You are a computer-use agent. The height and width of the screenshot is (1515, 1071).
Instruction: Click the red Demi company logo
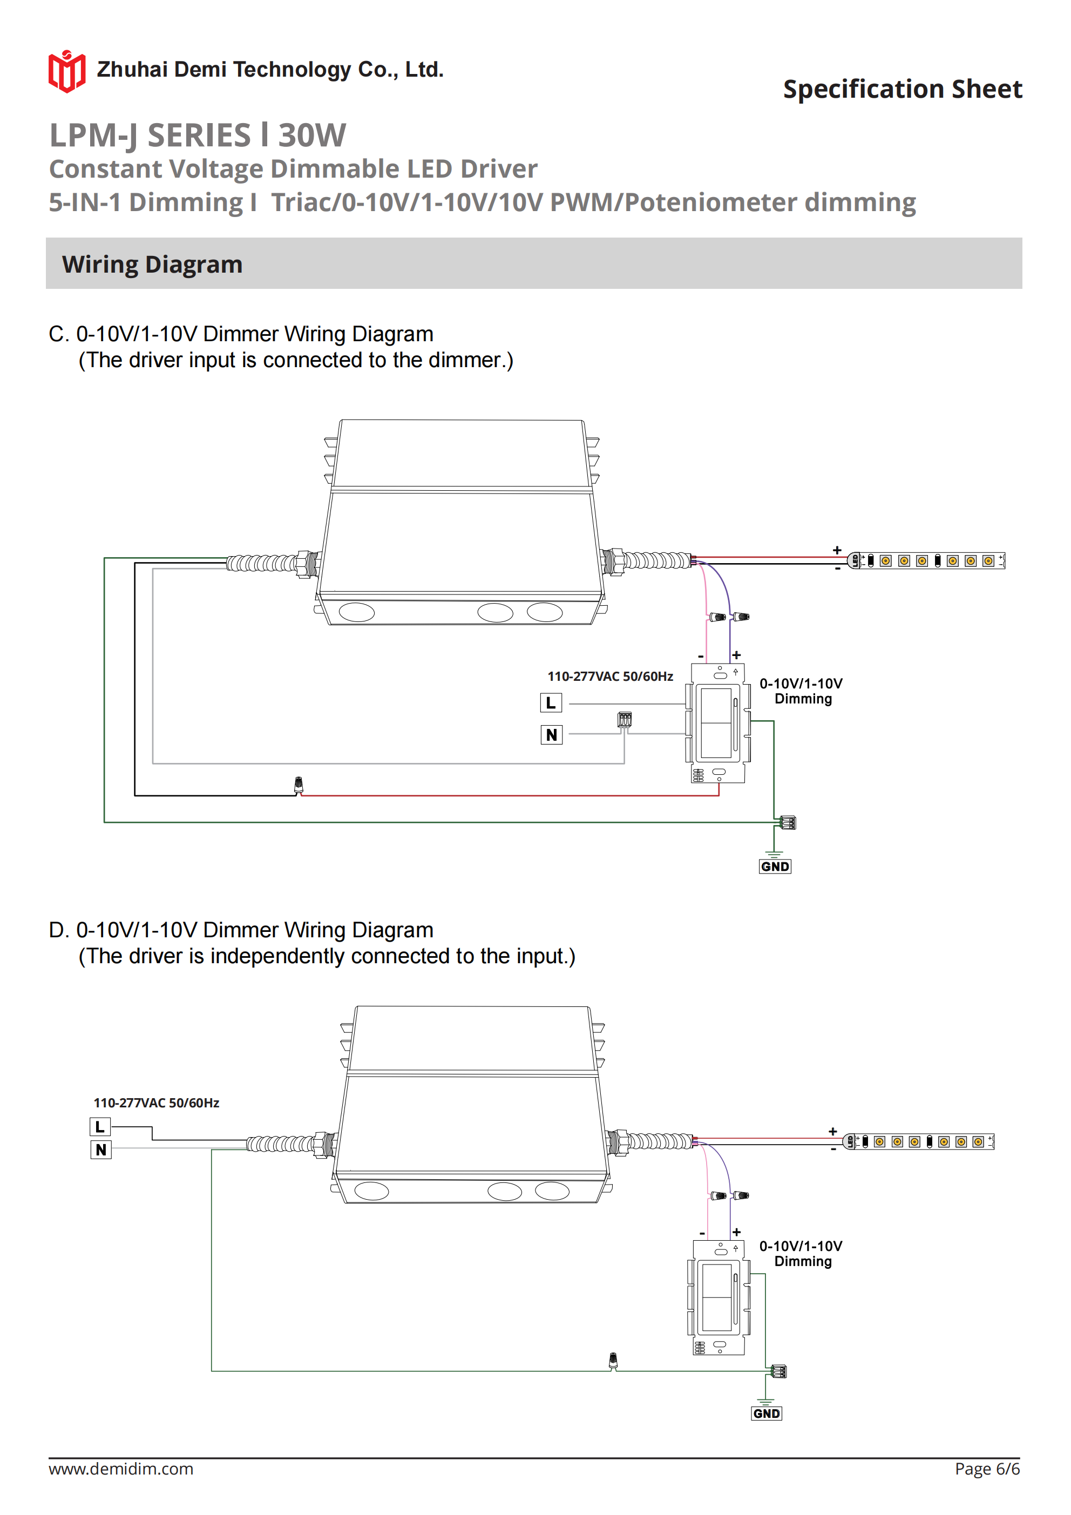[66, 71]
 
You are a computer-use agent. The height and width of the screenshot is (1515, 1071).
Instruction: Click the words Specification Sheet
[902, 89]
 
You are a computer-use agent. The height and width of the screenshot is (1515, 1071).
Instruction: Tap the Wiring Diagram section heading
[152, 265]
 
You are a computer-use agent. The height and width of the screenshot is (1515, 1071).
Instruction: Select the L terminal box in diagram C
[551, 703]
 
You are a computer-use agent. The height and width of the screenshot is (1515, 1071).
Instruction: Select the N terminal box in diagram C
[551, 734]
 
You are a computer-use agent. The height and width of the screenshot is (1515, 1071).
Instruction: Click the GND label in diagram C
[775, 867]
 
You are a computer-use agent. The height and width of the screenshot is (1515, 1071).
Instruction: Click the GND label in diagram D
[766, 1413]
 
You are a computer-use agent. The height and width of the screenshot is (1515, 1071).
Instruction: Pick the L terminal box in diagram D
[100, 1127]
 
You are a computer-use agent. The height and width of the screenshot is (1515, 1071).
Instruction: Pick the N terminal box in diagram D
[100, 1150]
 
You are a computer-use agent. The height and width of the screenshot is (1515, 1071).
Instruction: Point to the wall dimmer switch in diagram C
[718, 723]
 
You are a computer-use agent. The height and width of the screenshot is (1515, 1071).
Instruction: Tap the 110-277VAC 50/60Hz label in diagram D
[157, 1103]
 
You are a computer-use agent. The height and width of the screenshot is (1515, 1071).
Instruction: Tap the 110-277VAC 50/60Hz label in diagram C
[610, 677]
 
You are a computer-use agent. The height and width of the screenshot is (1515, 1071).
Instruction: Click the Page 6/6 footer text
[987, 1469]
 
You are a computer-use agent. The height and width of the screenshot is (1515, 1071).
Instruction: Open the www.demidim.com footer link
[121, 1469]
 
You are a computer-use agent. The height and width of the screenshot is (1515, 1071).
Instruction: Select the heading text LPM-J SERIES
[151, 136]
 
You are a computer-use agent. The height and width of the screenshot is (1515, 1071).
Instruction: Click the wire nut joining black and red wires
[299, 784]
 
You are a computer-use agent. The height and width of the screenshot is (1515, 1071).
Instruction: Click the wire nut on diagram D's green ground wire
[613, 1361]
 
